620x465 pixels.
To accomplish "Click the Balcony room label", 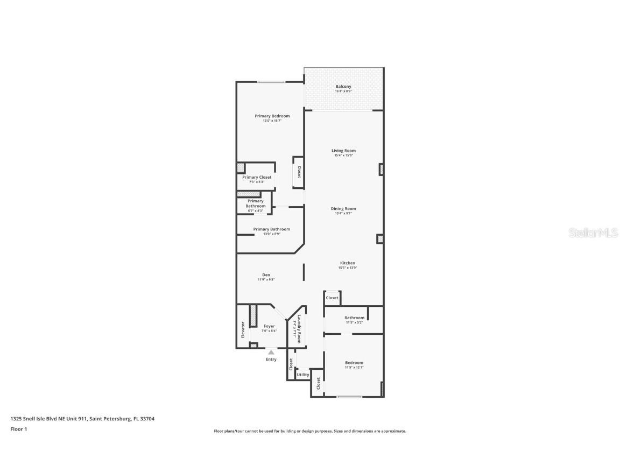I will point(343,87).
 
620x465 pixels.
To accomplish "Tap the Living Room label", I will point(343,151).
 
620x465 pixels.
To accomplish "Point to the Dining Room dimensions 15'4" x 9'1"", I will point(343,214).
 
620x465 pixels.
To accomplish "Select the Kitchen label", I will point(347,263).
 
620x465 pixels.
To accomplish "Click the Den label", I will point(266,275).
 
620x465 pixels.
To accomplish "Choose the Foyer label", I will point(269,326).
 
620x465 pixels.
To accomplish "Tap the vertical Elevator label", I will point(243,330).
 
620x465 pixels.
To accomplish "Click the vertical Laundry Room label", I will point(299,328).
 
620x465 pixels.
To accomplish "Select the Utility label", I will point(303,375).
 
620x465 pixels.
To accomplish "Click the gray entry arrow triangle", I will point(271,353).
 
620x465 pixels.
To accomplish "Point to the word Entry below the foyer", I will point(271,360).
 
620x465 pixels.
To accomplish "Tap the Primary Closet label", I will point(257,177).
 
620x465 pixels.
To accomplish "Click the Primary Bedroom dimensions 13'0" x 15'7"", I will point(272,121).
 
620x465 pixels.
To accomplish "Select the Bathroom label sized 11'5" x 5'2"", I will point(354,318).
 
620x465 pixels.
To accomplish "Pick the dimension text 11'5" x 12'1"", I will point(354,368).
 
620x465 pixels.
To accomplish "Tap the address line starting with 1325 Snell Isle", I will point(82,419).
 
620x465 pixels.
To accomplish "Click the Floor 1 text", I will point(18,429).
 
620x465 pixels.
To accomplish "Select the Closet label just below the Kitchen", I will point(332,298).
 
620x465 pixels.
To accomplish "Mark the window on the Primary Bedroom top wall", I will point(271,82).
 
